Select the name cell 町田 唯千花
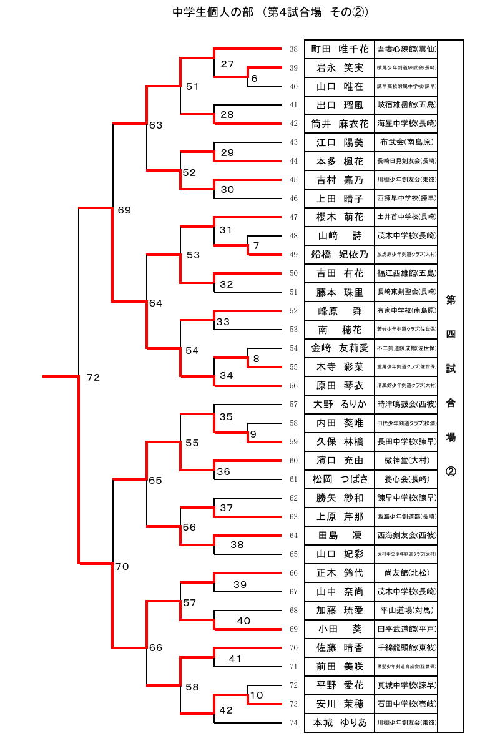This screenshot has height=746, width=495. [340, 49]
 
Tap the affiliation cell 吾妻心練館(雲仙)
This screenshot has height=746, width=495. [406, 49]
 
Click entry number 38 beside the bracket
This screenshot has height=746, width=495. [293, 49]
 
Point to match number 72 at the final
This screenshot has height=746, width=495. [93, 378]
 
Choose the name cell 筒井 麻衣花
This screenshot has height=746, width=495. [340, 124]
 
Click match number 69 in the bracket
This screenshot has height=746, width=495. [124, 210]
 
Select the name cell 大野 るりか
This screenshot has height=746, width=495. [340, 405]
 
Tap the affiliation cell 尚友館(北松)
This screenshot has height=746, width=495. [406, 573]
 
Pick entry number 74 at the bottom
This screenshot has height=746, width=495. [293, 723]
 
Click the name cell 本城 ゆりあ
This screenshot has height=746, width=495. [340, 723]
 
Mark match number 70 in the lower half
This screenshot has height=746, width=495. [122, 567]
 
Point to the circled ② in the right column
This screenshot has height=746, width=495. [450, 471]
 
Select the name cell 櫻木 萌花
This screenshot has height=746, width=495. [340, 218]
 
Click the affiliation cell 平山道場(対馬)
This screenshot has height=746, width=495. [406, 611]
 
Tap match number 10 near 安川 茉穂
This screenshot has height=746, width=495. [257, 695]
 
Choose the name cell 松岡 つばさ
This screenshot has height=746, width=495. [340, 479]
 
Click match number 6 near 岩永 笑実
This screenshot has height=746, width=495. [254, 79]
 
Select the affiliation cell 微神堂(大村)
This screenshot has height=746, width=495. [406, 461]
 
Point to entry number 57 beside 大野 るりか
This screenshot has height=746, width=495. [293, 405]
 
